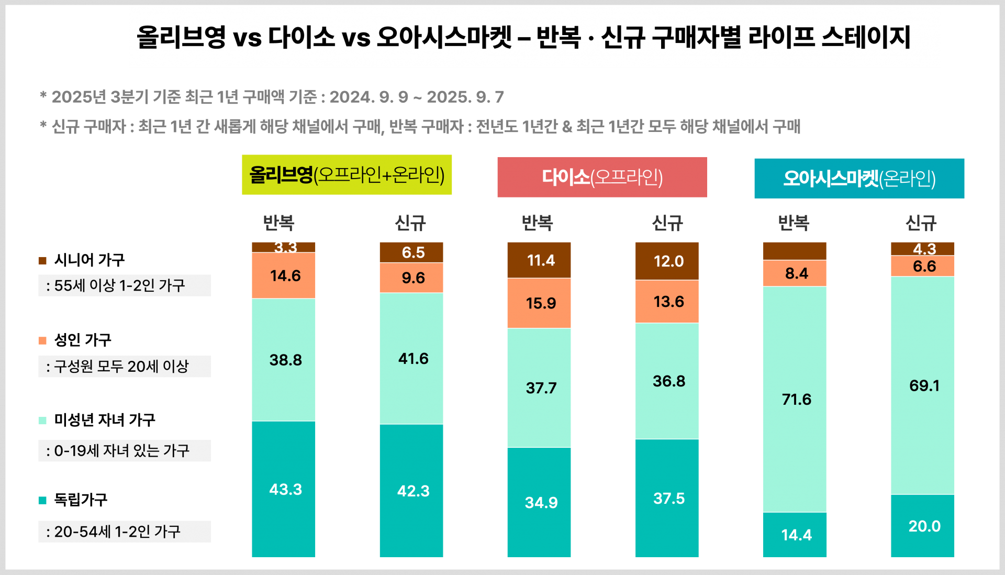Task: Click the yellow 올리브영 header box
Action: (347, 175)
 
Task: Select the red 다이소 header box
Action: (602, 178)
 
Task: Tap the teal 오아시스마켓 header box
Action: (859, 179)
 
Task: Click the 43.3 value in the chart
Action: (285, 489)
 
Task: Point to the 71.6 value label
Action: (796, 400)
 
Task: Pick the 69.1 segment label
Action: (924, 385)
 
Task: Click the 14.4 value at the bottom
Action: (796, 535)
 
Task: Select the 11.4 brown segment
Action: (540, 260)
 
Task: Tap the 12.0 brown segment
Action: (668, 261)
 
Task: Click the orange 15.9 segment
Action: (540, 303)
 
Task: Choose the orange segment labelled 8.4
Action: (796, 273)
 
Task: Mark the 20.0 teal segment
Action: (924, 526)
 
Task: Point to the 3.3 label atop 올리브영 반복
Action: (285, 247)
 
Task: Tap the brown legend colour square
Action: (42, 261)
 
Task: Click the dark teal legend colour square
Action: (42, 501)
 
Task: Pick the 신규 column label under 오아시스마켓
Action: (921, 223)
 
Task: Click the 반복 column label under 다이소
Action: (537, 223)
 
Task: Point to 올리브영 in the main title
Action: (181, 38)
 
